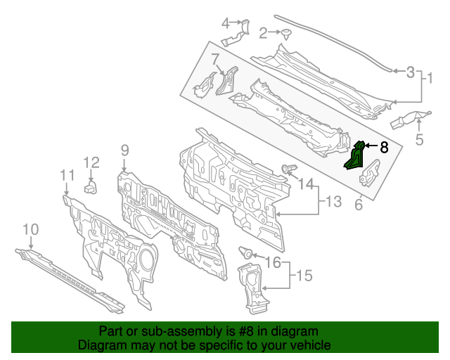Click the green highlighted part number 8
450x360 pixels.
click(x=354, y=157)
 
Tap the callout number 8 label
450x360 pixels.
click(x=384, y=148)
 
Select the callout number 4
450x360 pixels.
click(x=226, y=23)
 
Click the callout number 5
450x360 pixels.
click(x=419, y=139)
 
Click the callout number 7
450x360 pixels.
click(x=215, y=58)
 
